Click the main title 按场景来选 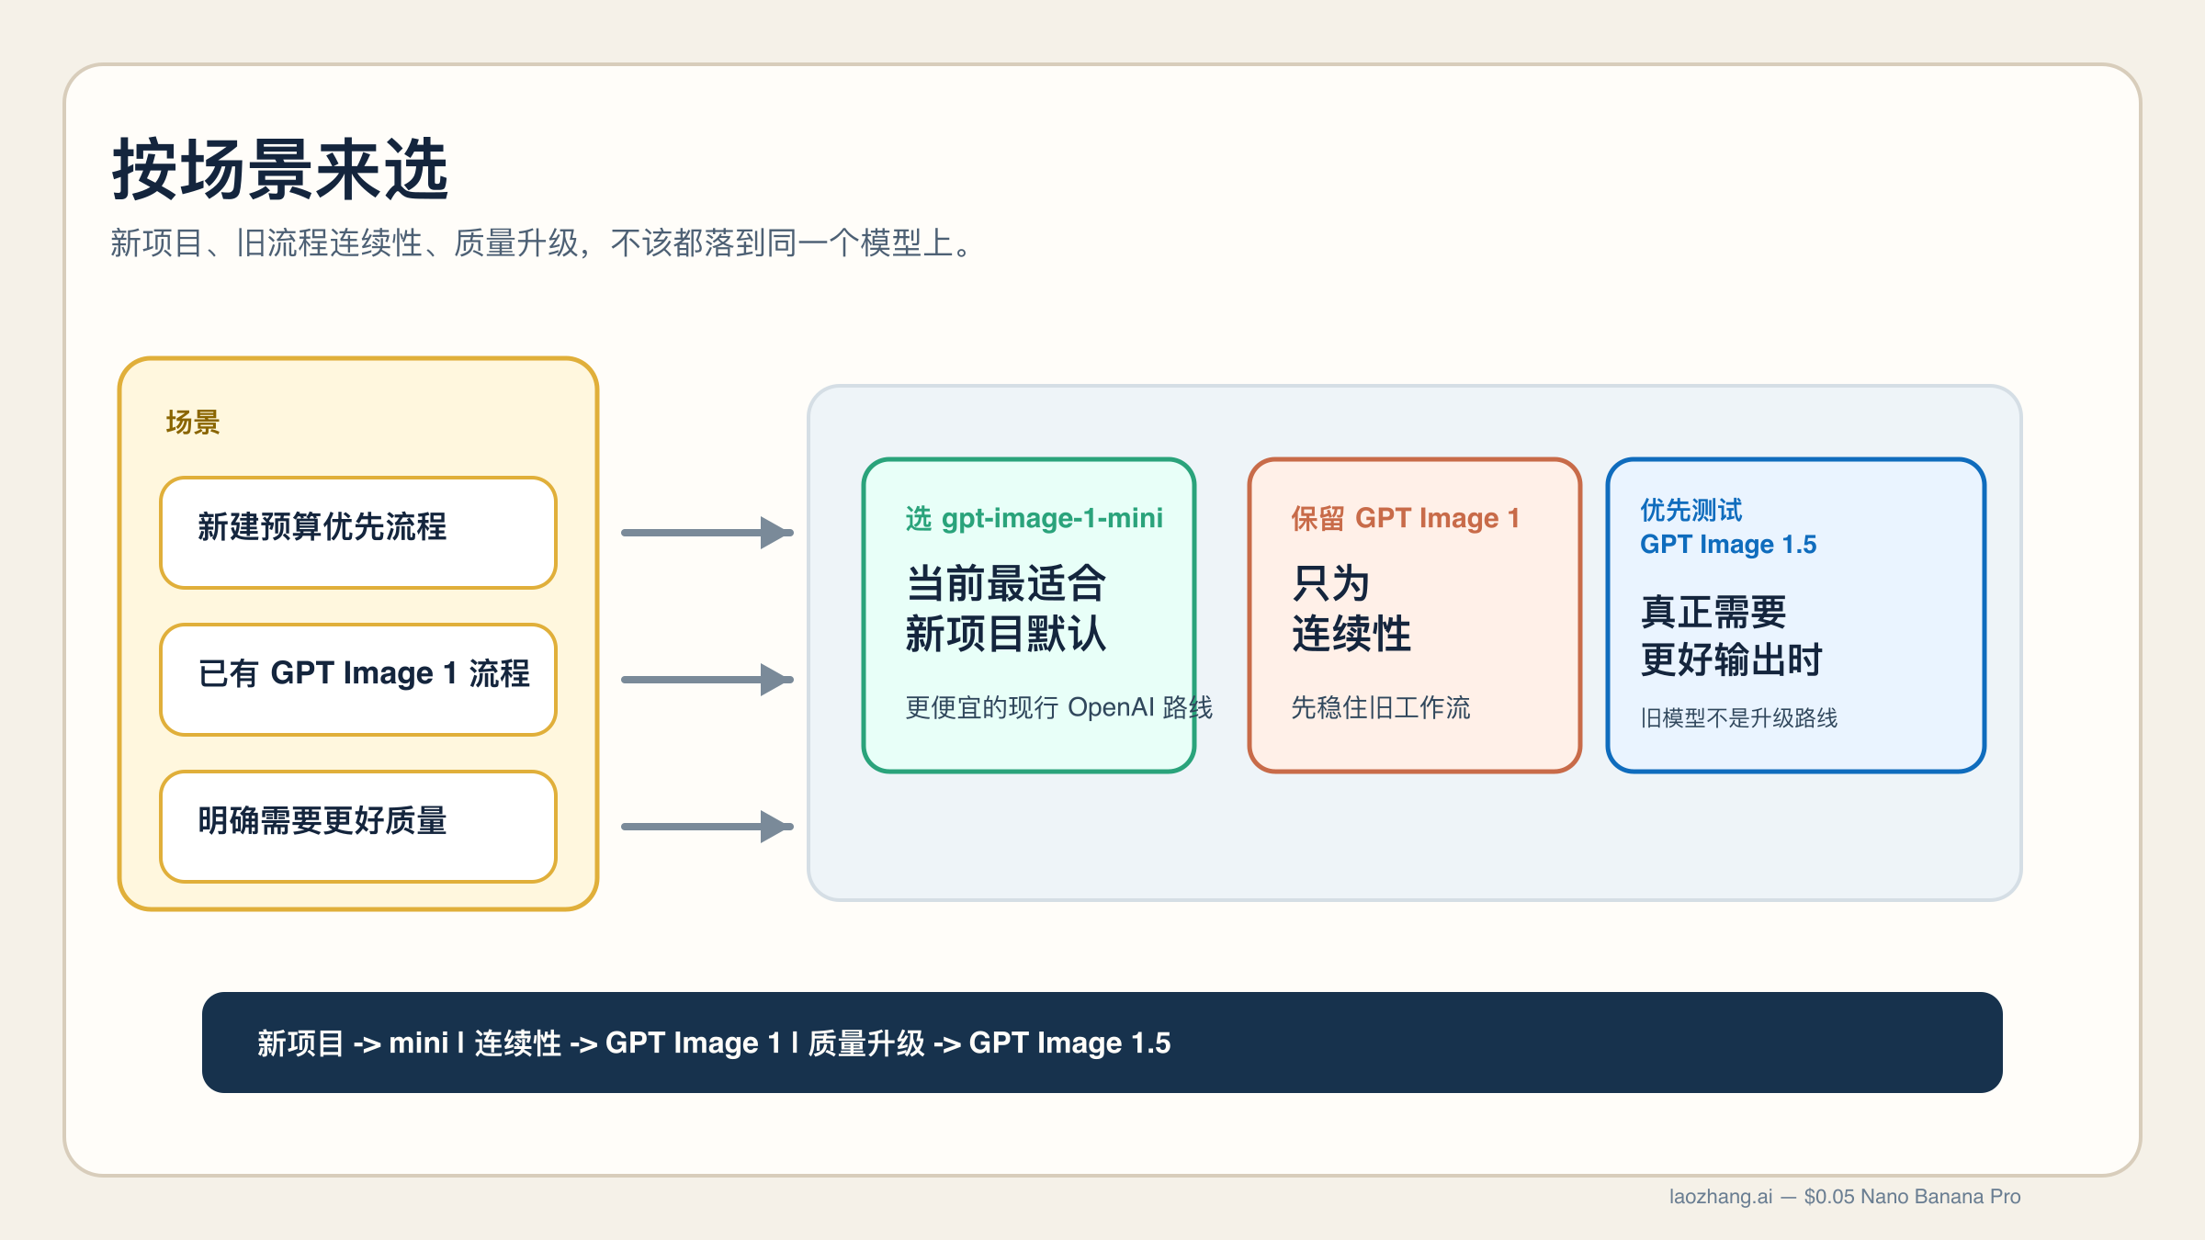pos(280,170)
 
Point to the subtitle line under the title pos(542,243)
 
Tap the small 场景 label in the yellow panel pos(193,423)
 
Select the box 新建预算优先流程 pos(358,532)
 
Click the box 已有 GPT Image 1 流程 pos(358,679)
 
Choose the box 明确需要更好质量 pos(358,826)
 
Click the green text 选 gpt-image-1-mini pos(1035,519)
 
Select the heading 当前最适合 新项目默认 pos(1006,608)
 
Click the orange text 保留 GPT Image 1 pos(1406,519)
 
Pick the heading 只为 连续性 pos(1351,608)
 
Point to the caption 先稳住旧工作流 pos(1381,707)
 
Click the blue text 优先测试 pos(1691,510)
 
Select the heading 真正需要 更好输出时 pos(1731,636)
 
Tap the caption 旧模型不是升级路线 pos(1739,718)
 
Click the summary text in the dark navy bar pos(714,1043)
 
